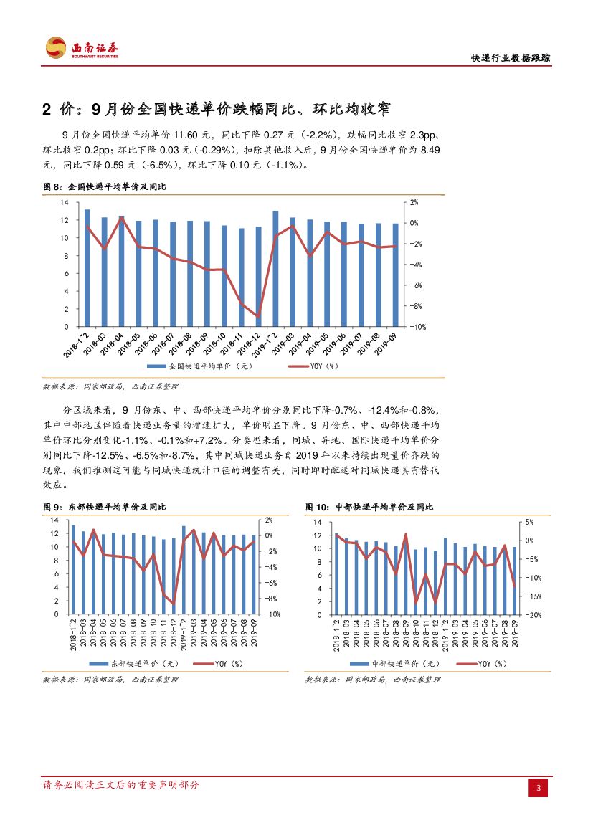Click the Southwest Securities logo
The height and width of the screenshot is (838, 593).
pos(81,48)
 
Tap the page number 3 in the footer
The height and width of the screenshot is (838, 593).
pos(539,789)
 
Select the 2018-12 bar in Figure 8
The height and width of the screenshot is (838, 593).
pos(258,277)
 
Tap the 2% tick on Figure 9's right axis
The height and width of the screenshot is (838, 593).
pos(268,520)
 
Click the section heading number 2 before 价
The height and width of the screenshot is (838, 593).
pos(48,110)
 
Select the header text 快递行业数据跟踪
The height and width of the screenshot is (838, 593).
pos(510,59)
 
